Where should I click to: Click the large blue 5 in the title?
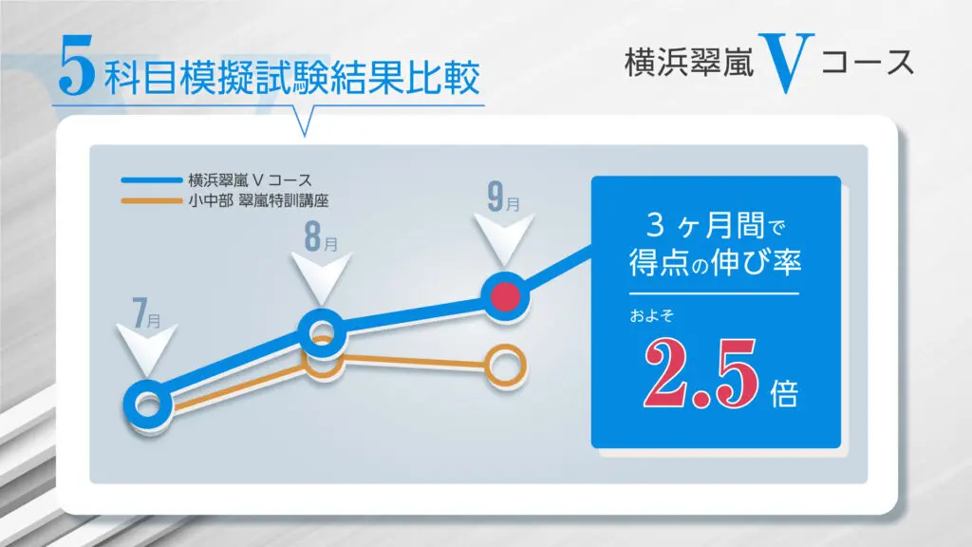(76, 66)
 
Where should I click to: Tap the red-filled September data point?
(505, 296)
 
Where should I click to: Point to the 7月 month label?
(147, 312)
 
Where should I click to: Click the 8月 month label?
(321, 236)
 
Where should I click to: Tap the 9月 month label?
(503, 197)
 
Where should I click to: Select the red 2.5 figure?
(701, 373)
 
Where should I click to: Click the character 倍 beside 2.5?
(784, 393)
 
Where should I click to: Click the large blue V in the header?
(786, 63)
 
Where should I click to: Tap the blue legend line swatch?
(151, 180)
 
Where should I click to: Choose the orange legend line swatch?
(151, 201)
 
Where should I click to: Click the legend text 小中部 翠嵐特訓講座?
(258, 201)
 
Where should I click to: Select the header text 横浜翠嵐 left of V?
(689, 63)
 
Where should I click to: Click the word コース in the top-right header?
(868, 63)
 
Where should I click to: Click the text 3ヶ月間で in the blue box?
(716, 225)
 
